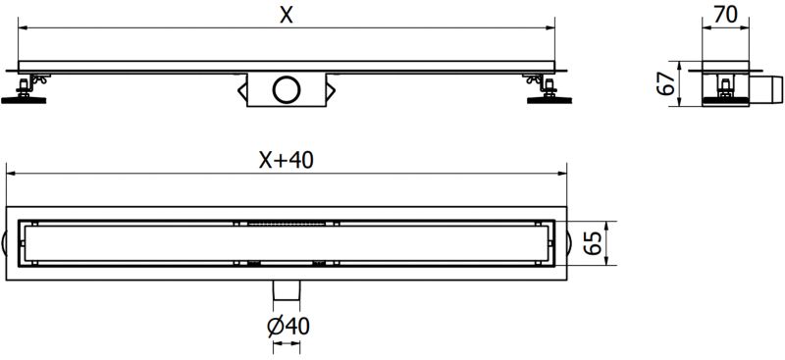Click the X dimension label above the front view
(286, 14)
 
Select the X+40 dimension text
(286, 160)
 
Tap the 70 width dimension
(727, 15)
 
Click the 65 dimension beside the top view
(594, 242)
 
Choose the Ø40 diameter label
(287, 327)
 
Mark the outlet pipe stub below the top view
(287, 290)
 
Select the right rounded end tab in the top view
(568, 243)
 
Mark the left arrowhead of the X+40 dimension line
(12, 175)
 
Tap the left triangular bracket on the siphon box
(241, 91)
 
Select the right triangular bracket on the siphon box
(332, 91)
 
